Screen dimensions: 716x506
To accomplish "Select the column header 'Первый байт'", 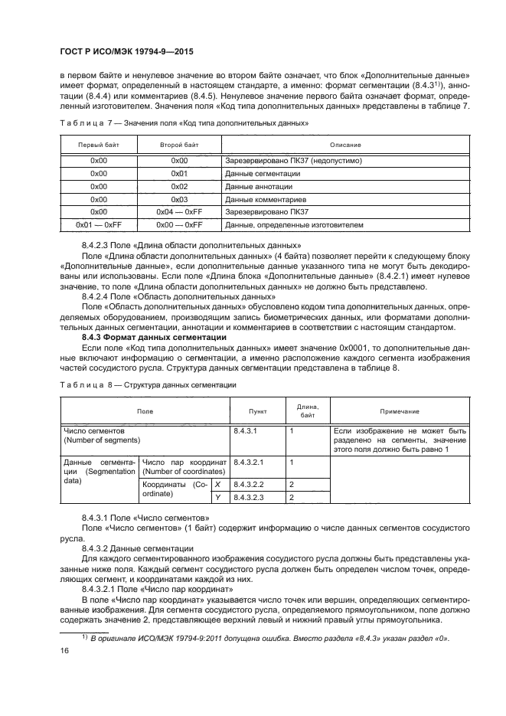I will (x=98, y=145).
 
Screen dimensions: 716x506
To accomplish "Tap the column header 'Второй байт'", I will (x=179, y=145).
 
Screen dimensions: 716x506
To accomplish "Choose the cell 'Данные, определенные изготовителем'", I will (x=294, y=225).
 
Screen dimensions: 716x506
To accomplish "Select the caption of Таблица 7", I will (x=184, y=123).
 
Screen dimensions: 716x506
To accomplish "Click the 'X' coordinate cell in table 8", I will (x=218, y=485).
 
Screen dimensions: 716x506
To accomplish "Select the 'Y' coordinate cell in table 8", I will (x=218, y=498).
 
